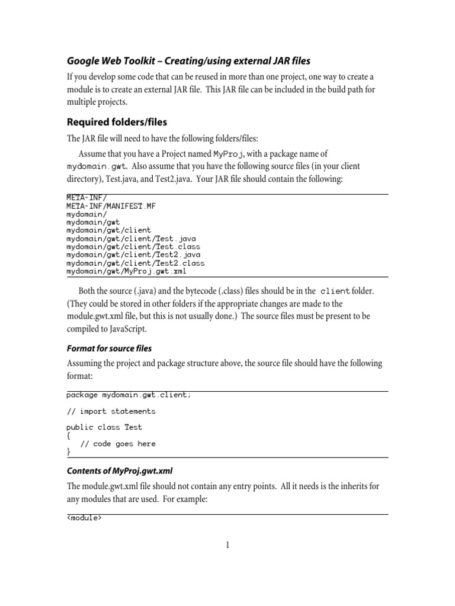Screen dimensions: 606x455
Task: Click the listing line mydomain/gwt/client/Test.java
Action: click(x=131, y=238)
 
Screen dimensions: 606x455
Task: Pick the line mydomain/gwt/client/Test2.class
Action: click(x=135, y=263)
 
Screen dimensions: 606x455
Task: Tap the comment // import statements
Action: click(x=111, y=411)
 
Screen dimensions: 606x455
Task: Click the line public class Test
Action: click(x=104, y=427)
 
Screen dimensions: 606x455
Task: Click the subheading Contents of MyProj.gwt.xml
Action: click(x=119, y=470)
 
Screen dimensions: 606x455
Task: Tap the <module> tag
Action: click(x=84, y=519)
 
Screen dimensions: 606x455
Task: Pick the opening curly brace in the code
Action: click(x=68, y=435)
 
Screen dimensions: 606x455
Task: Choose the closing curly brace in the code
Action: click(x=68, y=452)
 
